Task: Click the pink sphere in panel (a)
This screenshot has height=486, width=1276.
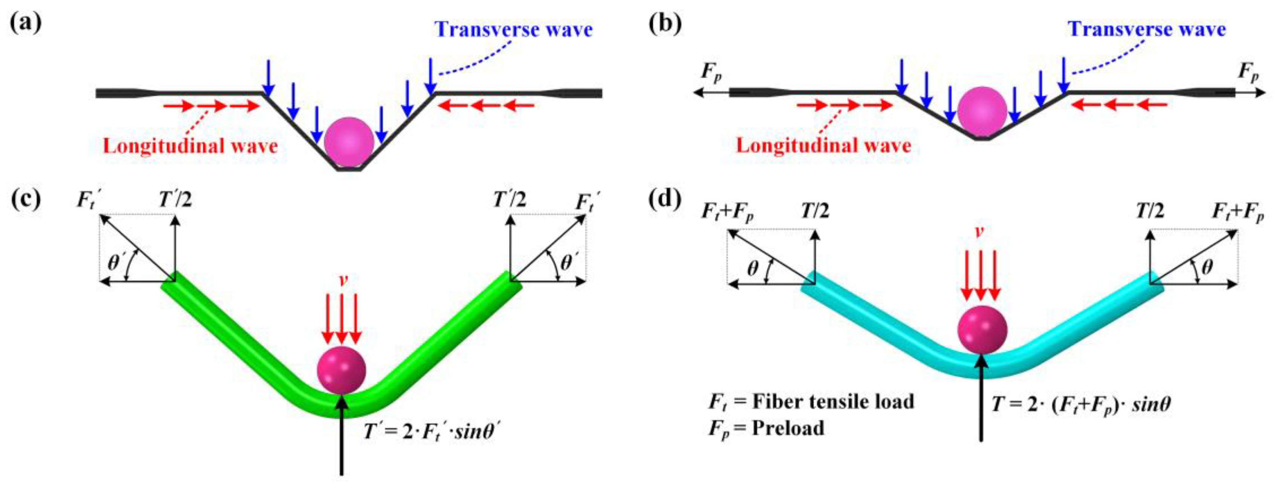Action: coord(349,142)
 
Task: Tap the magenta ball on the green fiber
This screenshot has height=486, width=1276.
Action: coord(341,370)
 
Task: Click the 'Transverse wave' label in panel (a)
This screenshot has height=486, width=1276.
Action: coord(514,30)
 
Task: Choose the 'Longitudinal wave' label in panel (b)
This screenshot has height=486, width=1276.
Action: coord(824,146)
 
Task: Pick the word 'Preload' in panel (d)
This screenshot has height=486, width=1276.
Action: coord(788,428)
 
